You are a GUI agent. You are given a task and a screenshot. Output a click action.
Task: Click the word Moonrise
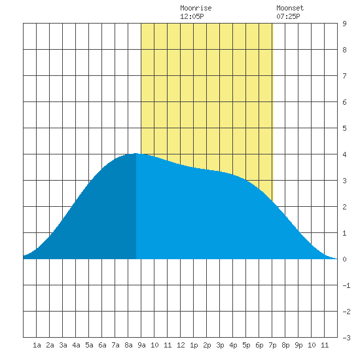196,8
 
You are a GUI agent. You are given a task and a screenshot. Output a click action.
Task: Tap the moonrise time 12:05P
192,16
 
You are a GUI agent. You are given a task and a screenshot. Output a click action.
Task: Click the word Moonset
290,8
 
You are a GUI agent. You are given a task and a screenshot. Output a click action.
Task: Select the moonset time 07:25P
288,16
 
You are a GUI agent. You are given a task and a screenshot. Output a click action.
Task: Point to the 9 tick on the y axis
344,24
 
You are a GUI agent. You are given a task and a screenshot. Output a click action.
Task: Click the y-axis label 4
344,154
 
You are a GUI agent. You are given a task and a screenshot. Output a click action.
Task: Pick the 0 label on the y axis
344,259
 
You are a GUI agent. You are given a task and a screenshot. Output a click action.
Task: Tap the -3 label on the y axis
346,338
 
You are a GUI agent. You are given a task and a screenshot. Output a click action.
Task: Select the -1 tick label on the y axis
346,285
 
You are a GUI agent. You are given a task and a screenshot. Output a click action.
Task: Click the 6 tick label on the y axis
344,102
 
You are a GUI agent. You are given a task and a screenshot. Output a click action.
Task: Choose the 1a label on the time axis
37,345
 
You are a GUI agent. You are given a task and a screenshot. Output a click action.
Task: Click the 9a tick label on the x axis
141,345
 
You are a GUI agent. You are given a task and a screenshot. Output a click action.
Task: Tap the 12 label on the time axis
181,345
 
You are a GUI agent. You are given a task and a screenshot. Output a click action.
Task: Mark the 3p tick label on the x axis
220,345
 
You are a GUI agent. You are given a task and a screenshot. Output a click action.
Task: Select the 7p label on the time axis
272,345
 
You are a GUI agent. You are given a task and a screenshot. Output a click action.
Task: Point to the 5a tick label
89,345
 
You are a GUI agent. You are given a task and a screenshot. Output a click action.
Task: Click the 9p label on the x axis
298,345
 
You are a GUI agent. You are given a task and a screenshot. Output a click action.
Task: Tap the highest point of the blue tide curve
136,153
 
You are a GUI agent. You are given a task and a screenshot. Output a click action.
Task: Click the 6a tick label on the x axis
102,345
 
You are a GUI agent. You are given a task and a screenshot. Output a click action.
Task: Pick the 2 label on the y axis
344,207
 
